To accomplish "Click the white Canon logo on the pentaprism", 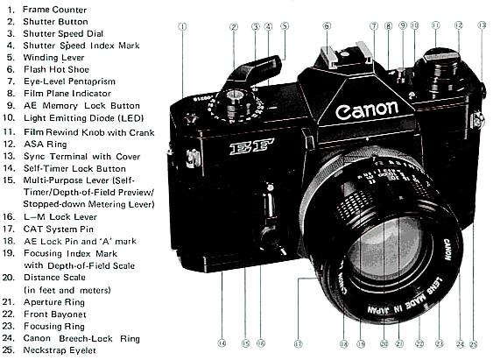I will tap(366, 112).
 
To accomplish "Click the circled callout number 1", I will tap(183, 26).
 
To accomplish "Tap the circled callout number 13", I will tap(482, 26).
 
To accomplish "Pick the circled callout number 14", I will tap(222, 343).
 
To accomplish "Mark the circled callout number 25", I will tap(474, 343).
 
